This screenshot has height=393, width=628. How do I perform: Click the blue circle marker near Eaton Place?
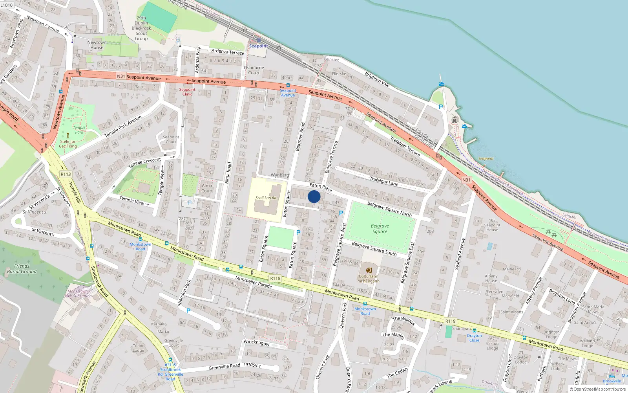(314, 196)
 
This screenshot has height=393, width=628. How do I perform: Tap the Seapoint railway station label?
(258, 46)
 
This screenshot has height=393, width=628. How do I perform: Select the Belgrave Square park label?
(380, 229)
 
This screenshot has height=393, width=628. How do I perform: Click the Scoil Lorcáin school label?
(267, 198)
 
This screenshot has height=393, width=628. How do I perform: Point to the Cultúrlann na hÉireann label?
(369, 279)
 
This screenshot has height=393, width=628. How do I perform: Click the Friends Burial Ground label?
(22, 269)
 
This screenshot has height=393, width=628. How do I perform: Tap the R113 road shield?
(66, 174)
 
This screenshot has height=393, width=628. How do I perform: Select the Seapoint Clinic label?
(187, 92)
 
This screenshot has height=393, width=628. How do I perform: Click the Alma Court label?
(207, 188)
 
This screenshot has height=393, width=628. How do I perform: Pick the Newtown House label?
(97, 45)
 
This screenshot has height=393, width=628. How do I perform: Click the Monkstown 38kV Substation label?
(78, 294)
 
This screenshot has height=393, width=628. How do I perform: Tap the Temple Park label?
(79, 130)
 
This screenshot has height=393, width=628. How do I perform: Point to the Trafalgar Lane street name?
(384, 181)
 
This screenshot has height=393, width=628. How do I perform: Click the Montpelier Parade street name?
(254, 282)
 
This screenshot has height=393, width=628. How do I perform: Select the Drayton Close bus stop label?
(474, 338)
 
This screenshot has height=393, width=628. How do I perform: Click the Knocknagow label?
(257, 342)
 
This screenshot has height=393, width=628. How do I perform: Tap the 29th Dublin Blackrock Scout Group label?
(141, 28)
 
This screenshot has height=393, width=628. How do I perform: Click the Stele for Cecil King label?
(68, 144)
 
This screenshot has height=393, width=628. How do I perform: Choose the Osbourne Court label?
(254, 70)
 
